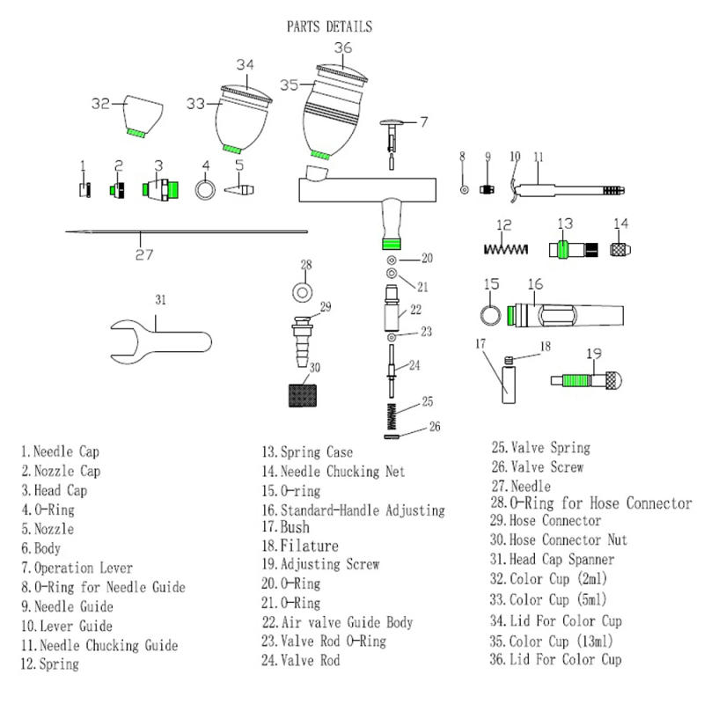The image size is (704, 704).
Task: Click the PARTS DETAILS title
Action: coord(329,26)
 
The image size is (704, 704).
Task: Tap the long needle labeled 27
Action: coord(185,232)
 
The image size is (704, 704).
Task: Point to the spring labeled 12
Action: coord(506,249)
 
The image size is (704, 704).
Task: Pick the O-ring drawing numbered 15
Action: coord(491,313)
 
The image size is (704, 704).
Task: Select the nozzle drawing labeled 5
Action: coord(238,189)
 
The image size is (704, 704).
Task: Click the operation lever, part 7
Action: coord(392,136)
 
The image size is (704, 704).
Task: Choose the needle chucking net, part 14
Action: coord(621,249)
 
